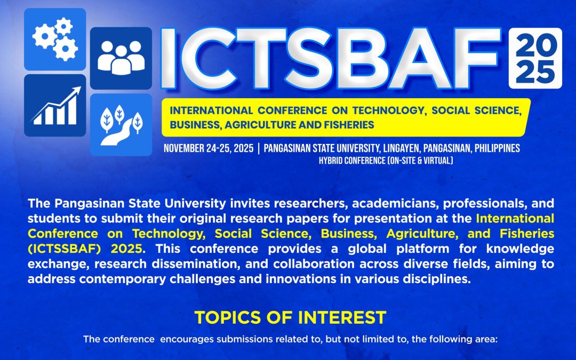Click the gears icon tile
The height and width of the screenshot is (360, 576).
55,39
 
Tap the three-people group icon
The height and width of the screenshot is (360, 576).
121,58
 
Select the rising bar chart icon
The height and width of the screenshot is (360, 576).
55,106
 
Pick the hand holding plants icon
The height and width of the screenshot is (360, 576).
121,125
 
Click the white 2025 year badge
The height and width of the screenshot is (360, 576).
535,58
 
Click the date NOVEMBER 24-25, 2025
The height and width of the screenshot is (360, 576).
209,148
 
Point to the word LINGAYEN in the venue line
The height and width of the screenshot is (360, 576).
401,148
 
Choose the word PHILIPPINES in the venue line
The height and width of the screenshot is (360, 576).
497,148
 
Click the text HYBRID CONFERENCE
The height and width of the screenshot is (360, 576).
352,161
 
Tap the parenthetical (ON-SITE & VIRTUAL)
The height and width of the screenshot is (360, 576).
420,161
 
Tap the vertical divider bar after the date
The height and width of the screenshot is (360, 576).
259,148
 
